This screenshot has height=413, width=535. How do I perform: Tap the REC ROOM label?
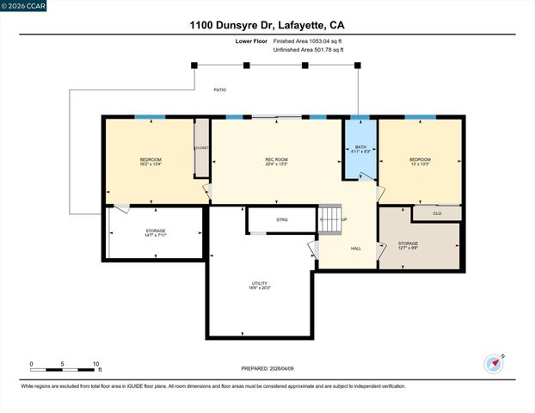(275, 160)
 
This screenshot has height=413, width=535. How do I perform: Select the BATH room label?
(360, 147)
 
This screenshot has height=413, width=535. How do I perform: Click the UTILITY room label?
(259, 284)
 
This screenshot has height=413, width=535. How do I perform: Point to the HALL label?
(355, 249)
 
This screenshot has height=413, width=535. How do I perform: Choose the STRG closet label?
(281, 220)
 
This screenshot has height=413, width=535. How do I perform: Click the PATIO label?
(220, 89)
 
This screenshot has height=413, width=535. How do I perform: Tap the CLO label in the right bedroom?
(437, 213)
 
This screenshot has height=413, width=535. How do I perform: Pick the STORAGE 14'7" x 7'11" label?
(155, 233)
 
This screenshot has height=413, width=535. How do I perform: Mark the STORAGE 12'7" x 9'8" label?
(408, 246)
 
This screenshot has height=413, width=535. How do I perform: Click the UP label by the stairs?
(345, 219)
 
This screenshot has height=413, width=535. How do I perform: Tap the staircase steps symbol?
(329, 219)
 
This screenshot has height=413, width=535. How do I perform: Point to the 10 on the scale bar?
(95, 364)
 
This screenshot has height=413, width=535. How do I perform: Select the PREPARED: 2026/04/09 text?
(267, 368)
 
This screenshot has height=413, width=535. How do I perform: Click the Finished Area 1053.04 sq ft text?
(307, 40)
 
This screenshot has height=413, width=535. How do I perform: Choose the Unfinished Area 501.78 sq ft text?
(307, 50)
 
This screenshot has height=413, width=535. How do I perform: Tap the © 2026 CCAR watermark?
(23, 6)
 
